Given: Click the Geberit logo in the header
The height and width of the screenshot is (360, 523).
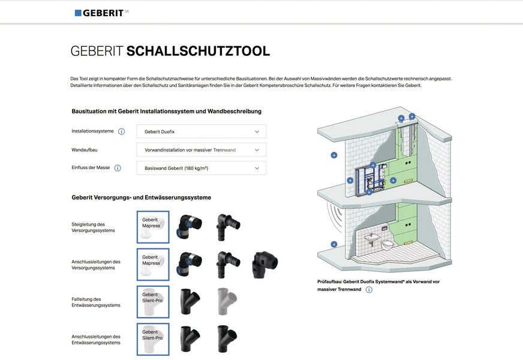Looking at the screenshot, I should (x=101, y=13).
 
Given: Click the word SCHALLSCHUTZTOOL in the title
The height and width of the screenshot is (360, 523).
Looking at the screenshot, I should (x=198, y=52).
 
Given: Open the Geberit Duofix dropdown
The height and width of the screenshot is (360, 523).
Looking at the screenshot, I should (x=201, y=131).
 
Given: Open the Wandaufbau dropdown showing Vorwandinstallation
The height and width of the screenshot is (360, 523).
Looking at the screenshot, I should (x=201, y=149).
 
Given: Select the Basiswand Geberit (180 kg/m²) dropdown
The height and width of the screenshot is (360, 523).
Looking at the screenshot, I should (x=201, y=168).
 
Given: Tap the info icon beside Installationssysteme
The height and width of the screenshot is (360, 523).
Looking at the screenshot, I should (x=121, y=131).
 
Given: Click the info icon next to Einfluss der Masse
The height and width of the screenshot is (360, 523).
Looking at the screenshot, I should (x=118, y=168).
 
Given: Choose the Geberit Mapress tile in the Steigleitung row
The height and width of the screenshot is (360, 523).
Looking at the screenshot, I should (x=153, y=227).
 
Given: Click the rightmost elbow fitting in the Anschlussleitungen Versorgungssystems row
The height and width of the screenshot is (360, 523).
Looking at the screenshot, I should (x=265, y=264).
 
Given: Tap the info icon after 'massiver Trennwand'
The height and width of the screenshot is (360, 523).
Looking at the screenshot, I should (x=369, y=290).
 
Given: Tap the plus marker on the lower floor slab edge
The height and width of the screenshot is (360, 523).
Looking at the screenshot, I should (x=334, y=244).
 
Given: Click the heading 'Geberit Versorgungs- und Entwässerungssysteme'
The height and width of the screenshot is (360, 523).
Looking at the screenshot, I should (x=141, y=197).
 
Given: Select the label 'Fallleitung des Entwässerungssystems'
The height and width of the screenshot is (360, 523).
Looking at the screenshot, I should (x=96, y=302).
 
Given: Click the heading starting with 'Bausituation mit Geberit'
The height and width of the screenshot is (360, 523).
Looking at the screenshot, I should (x=166, y=111).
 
